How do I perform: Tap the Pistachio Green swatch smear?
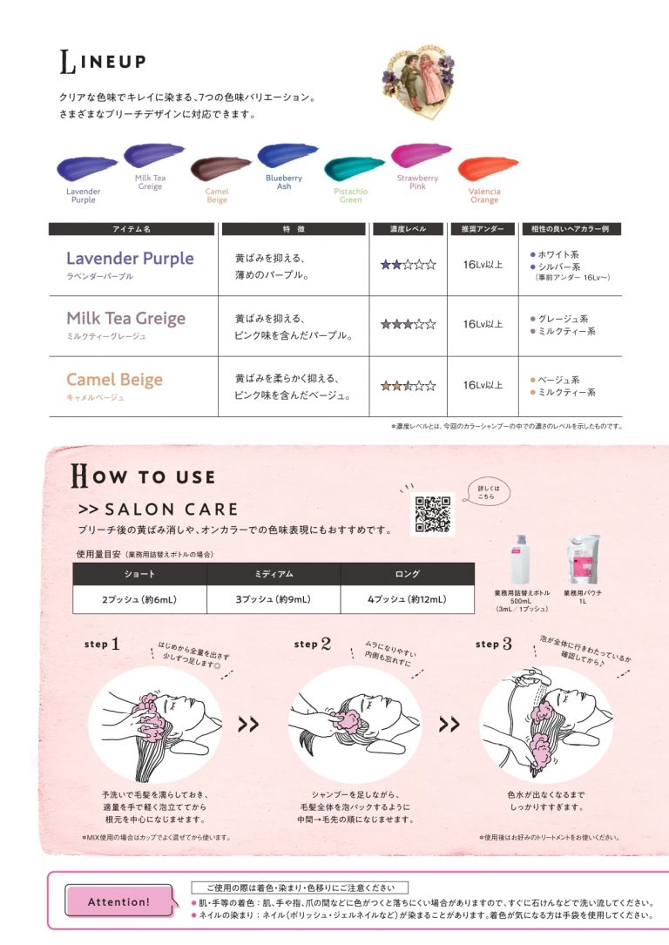(353, 166)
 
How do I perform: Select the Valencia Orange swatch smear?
(487, 166)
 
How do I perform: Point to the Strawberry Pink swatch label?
(418, 182)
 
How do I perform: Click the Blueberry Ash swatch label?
(284, 181)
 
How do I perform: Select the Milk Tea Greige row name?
(125, 319)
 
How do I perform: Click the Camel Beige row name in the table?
(114, 380)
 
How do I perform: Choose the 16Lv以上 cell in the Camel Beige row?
(483, 385)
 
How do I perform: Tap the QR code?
(432, 514)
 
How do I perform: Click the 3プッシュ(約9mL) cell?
(274, 599)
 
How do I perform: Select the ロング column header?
(407, 574)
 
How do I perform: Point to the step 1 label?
(102, 645)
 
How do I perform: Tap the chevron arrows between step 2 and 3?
(449, 725)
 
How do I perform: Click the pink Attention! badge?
(119, 901)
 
